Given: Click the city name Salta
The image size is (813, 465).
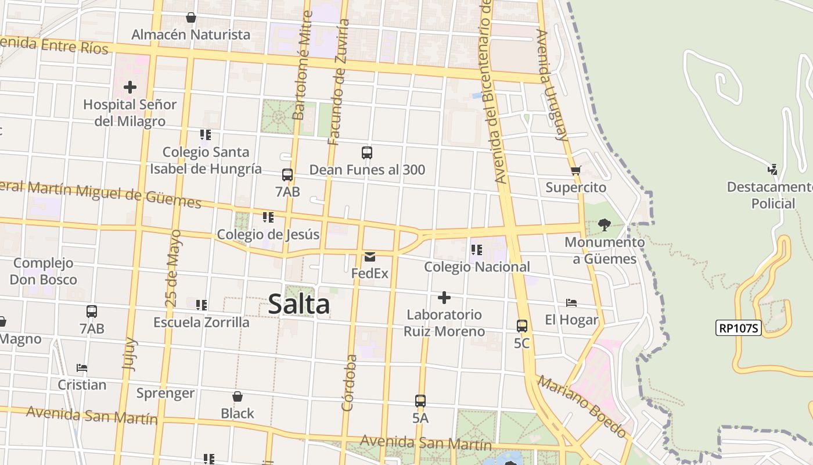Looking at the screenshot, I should [299, 305].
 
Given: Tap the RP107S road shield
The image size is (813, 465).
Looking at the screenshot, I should [738, 328].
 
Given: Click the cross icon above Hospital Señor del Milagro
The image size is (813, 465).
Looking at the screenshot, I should [130, 87].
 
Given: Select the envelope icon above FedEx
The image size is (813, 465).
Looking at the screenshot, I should [370, 256].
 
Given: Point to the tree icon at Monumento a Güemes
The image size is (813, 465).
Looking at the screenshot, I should [605, 225].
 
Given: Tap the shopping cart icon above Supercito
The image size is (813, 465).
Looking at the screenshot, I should [575, 170].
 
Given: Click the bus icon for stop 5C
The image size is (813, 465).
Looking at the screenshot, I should [522, 326].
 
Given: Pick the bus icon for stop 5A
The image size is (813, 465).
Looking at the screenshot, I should [420, 400].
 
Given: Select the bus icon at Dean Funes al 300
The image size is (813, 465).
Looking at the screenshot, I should [367, 153].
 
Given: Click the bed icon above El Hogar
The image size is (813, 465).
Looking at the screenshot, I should [571, 303].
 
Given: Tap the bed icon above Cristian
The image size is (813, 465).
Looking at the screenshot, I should [82, 368].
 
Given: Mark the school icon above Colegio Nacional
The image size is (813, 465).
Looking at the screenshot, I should [477, 250].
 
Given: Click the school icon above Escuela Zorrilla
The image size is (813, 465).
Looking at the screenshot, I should [202, 305].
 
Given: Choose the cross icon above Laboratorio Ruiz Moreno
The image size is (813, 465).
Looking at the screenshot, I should [444, 298].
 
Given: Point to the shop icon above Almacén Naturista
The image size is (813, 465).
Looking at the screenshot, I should [190, 17].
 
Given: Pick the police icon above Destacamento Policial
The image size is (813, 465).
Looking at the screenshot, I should [772, 169].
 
